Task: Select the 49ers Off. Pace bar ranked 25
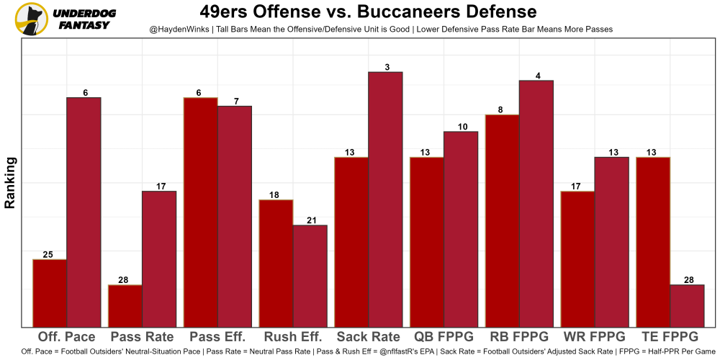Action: tap(50, 293)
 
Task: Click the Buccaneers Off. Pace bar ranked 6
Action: tap(84, 212)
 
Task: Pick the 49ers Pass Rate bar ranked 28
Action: tap(125, 306)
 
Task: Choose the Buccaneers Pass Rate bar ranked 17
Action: tap(159, 259)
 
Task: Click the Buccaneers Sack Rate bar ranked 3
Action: tap(385, 199)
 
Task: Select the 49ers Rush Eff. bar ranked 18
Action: tap(276, 264)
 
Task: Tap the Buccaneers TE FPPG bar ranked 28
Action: tap(687, 306)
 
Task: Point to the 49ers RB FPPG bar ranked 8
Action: tap(502, 221)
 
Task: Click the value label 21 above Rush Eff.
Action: tap(310, 220)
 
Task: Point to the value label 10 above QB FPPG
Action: tap(461, 126)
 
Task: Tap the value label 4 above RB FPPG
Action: tap(536, 75)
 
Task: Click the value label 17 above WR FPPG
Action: tap(577, 186)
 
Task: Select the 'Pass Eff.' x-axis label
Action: tap(217, 337)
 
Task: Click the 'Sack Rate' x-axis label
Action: tap(368, 337)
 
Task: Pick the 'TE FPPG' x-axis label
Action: tap(670, 337)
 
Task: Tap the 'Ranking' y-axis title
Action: tap(10, 183)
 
